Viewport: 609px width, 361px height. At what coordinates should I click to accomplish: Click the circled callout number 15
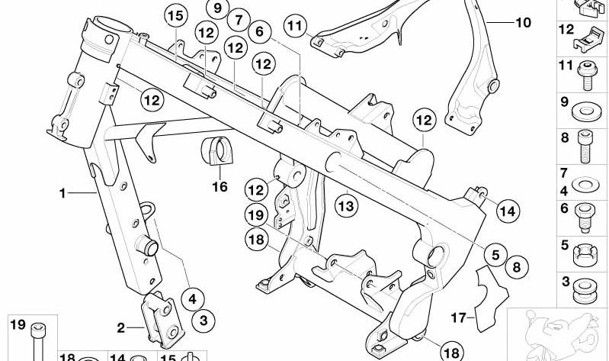175,16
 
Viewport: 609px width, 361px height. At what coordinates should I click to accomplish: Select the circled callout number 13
346,205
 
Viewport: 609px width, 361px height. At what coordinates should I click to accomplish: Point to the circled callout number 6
259,32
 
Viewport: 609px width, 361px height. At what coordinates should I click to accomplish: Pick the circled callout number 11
295,26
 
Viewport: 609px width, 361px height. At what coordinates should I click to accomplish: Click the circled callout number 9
217,8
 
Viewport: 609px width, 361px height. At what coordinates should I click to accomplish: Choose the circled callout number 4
193,299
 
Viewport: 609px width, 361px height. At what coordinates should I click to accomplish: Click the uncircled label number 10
523,23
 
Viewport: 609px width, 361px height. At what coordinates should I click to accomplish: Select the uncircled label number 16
220,187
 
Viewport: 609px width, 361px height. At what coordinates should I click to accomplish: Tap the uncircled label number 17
458,317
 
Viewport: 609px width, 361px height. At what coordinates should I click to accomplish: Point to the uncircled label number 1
63,193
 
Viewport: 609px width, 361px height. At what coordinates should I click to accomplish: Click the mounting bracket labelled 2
163,319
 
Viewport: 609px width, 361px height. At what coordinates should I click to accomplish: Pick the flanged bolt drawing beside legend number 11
586,75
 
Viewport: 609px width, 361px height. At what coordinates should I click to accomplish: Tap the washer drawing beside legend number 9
585,112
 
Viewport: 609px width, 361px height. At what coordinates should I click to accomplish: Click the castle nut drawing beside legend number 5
585,255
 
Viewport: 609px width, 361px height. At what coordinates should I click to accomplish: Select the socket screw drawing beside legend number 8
585,147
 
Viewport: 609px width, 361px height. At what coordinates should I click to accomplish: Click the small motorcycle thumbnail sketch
558,334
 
